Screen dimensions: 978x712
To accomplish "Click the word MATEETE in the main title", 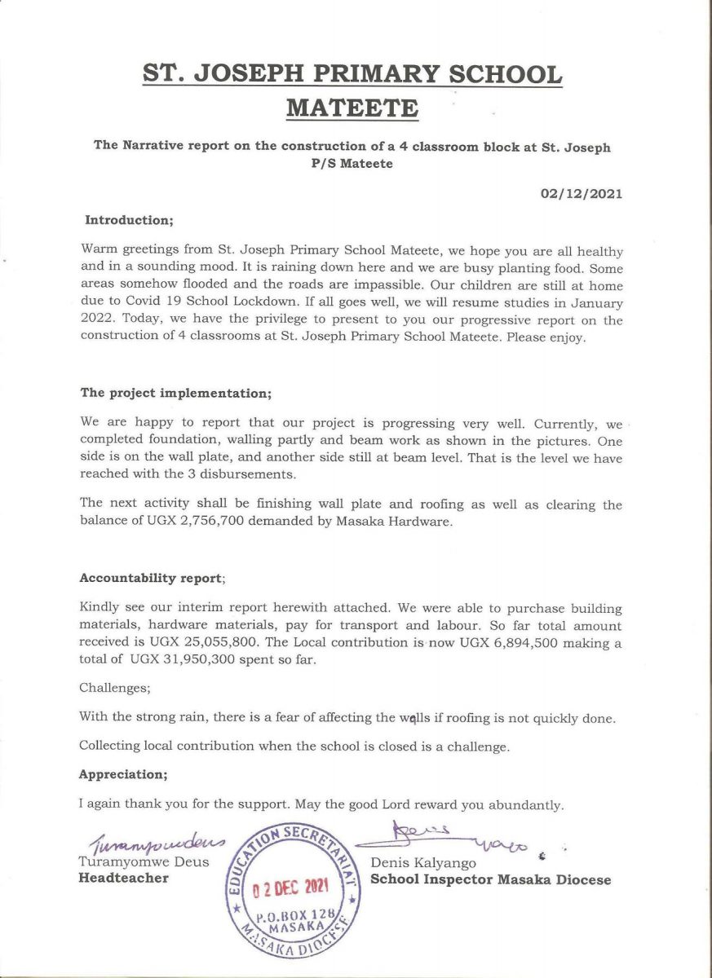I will [353, 108].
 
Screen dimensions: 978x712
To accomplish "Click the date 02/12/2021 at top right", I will [581, 194].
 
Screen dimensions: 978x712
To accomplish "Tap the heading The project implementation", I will [175, 392].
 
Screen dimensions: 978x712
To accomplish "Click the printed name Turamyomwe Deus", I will [144, 862].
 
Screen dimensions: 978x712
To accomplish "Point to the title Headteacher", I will [123, 878].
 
